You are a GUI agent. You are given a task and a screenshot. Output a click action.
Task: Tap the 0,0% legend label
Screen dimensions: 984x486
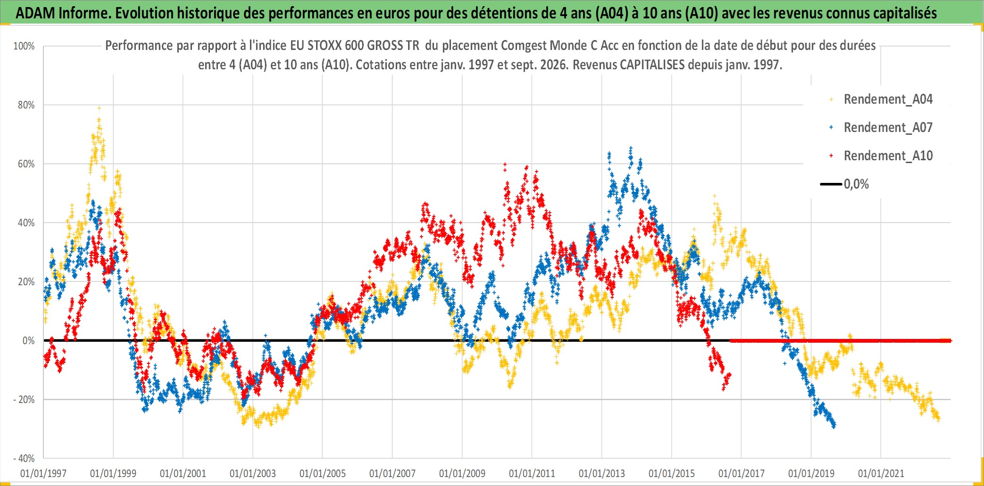(856, 184)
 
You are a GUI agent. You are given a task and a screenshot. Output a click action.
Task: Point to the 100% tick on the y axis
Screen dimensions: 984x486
(24, 46)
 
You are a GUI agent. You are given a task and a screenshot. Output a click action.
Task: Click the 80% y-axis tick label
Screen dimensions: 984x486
(26, 105)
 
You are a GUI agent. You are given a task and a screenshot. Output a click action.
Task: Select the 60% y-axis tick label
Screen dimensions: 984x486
(26, 164)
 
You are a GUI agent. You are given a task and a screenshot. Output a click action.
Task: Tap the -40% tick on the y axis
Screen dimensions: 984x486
(24, 458)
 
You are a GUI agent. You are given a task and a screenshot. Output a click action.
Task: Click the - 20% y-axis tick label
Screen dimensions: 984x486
(24, 399)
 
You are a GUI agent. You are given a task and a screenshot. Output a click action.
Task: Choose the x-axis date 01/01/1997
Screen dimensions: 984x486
(43, 473)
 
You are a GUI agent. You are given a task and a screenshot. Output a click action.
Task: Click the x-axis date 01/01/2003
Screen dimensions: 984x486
(253, 473)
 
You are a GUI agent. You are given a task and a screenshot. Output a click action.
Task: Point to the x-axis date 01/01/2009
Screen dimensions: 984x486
(462, 473)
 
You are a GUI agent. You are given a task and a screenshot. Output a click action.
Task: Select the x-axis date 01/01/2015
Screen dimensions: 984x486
(672, 473)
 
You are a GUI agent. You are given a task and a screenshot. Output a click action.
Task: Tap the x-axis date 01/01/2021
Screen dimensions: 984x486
(881, 473)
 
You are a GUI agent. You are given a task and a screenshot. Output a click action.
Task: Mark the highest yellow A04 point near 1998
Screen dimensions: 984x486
(99, 108)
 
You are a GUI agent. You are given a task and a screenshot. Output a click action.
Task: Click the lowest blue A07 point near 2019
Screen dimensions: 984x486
(834, 427)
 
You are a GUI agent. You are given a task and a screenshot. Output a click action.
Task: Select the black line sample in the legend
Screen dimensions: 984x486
(831, 184)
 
